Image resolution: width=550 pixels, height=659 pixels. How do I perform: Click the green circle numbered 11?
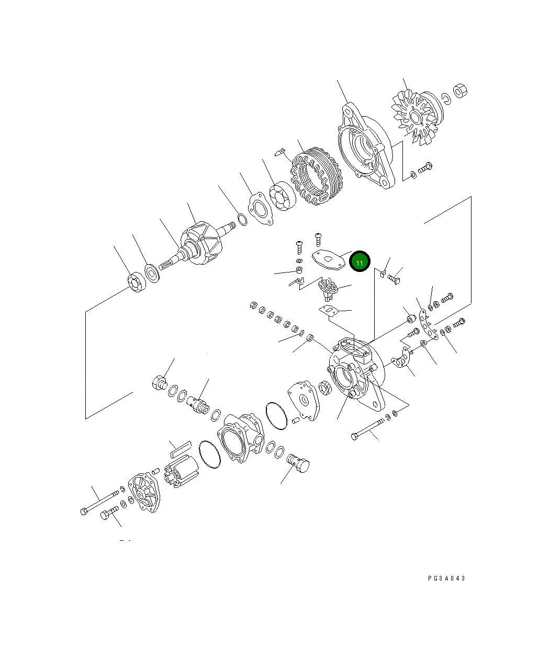360,261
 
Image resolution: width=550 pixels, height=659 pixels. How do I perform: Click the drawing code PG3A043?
446,578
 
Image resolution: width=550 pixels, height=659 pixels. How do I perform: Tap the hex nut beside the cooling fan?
460,91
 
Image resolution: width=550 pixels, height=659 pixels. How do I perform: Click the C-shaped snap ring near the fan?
446,98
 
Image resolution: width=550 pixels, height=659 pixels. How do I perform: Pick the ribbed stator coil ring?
317,176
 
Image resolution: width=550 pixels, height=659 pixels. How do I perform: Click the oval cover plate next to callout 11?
329,260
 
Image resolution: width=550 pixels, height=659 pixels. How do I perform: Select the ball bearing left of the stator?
282,196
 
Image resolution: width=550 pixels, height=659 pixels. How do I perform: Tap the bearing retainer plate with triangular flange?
260,209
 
